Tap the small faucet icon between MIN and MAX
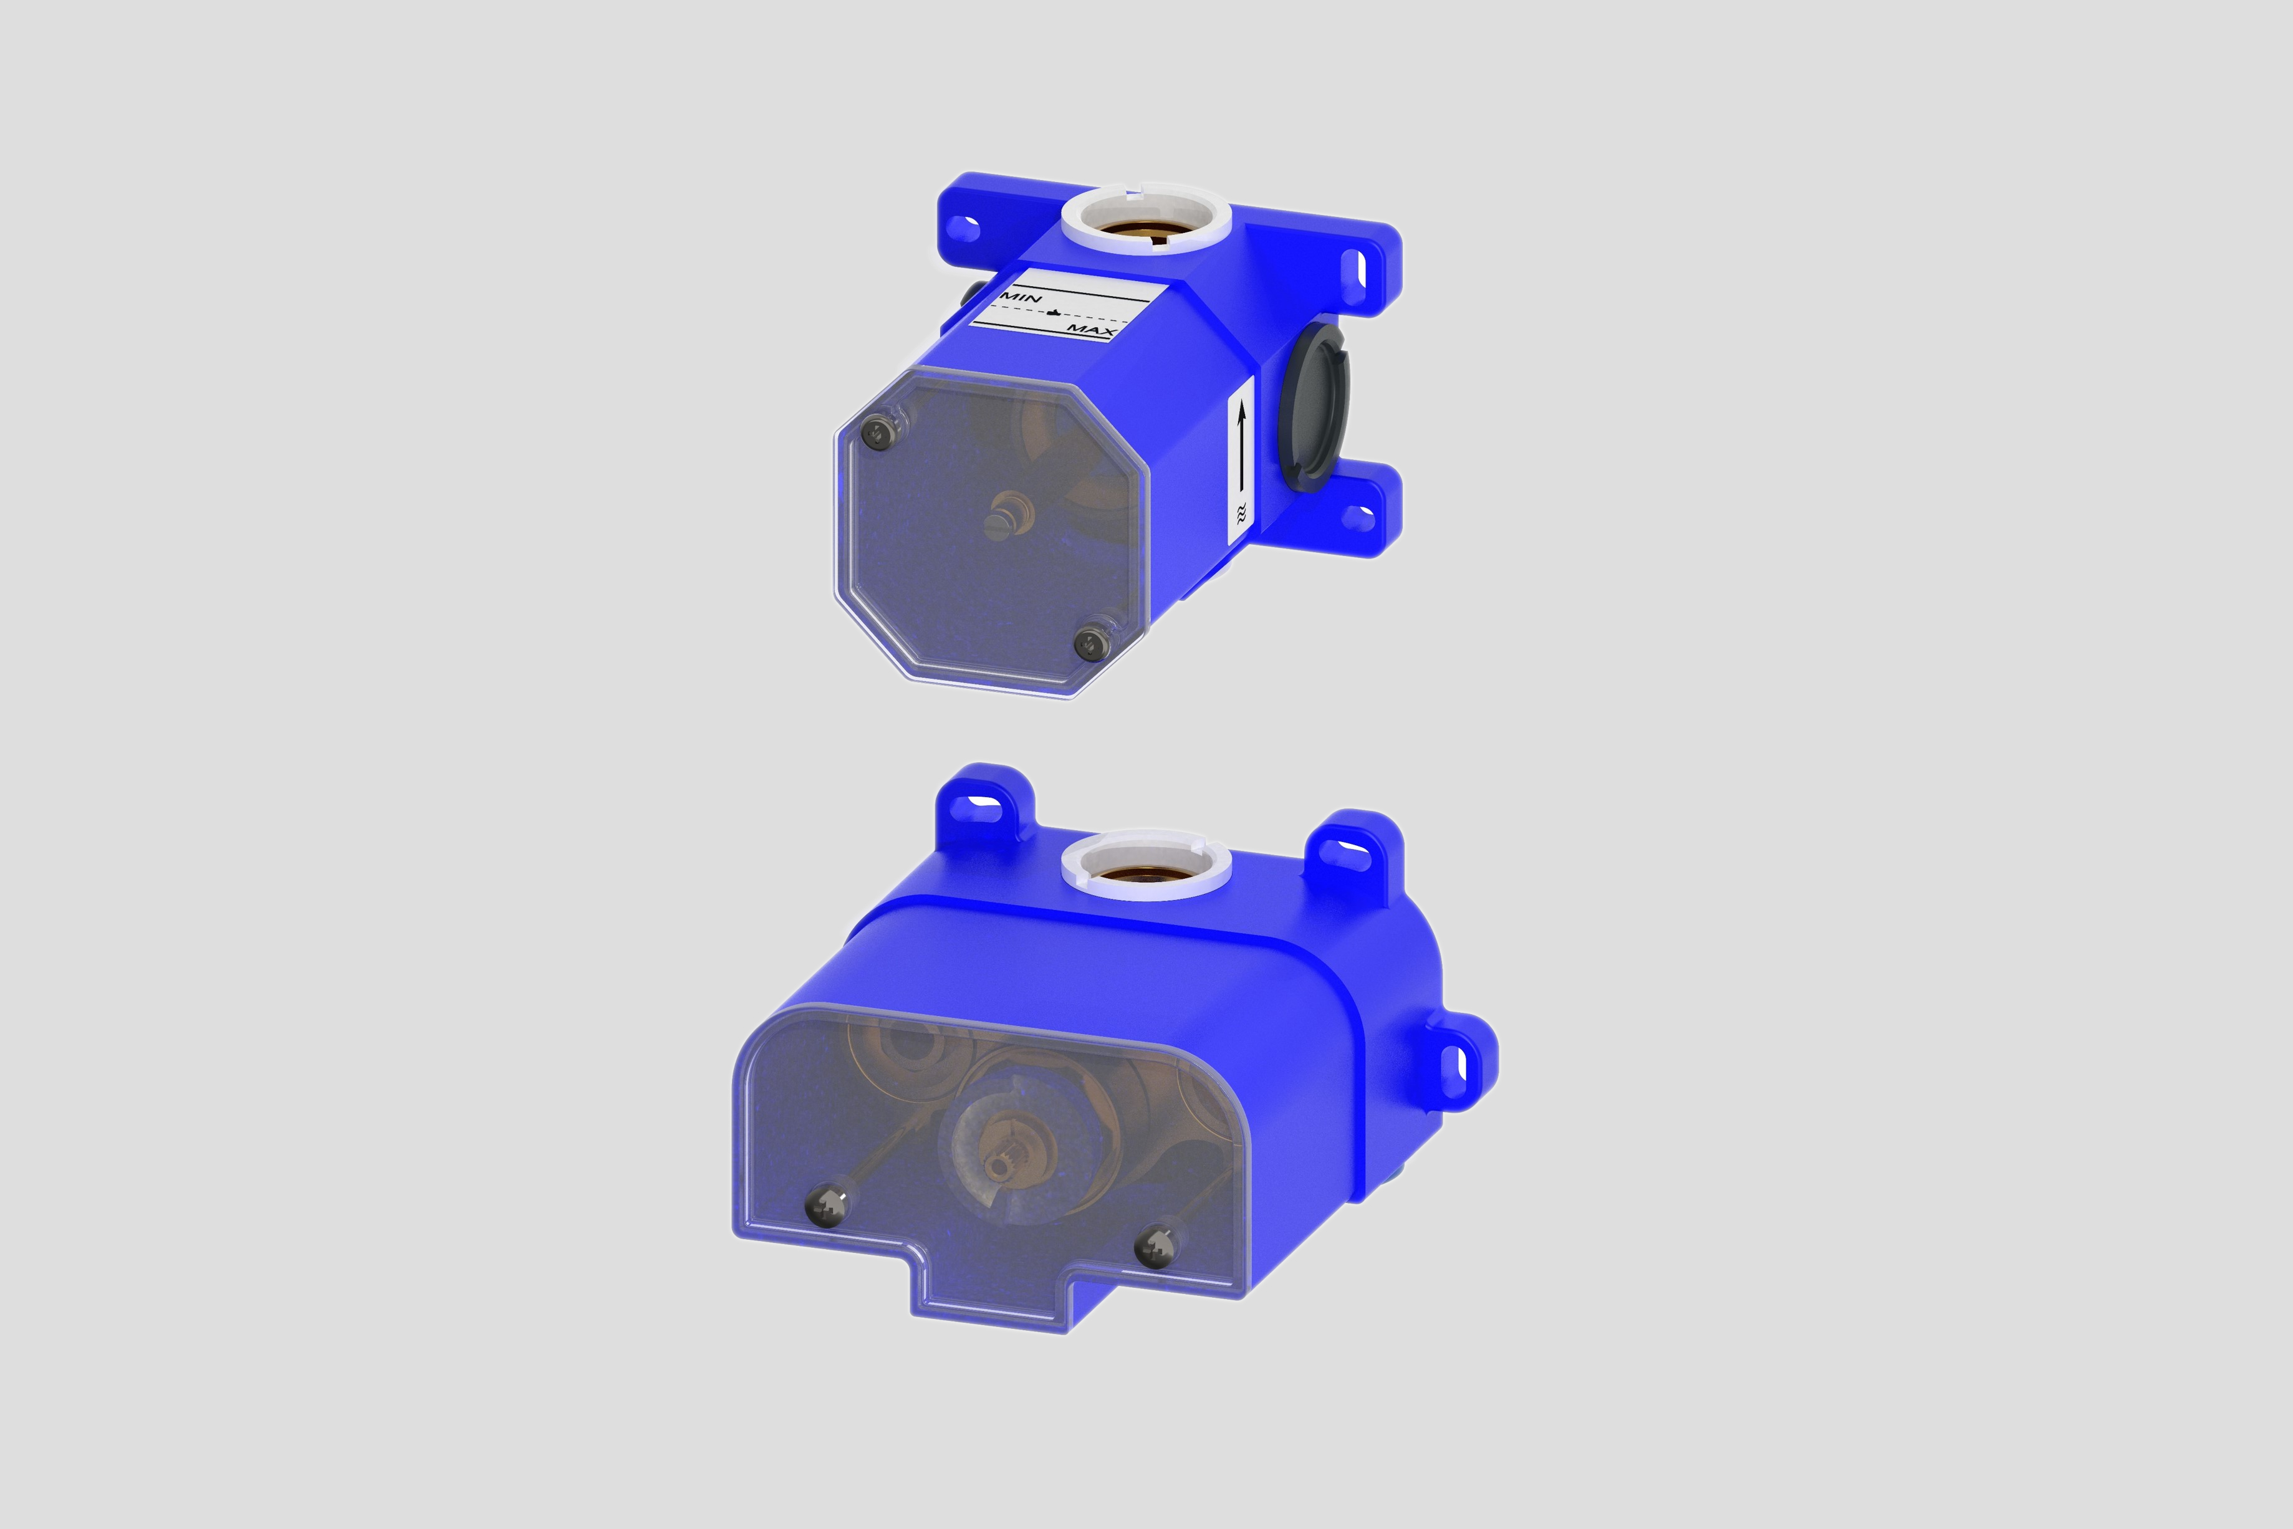pos(1054,313)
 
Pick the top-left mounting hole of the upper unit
pos(964,230)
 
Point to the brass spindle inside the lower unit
pos(1001,1164)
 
